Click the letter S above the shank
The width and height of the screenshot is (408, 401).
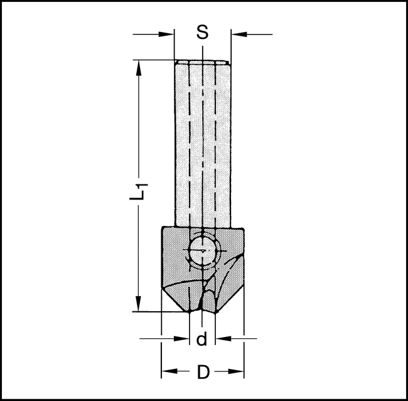(x=202, y=33)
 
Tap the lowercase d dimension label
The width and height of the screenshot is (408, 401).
(x=201, y=340)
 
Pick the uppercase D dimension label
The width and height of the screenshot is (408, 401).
(x=203, y=372)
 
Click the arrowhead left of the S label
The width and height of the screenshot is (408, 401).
(x=168, y=33)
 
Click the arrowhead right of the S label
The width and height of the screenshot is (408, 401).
(x=237, y=33)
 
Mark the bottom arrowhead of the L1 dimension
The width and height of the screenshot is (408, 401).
(x=136, y=306)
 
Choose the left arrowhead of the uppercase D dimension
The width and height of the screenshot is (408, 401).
(x=166, y=372)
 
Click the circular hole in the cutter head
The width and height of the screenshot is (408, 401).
(x=202, y=251)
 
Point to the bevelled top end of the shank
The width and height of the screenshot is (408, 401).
(x=202, y=62)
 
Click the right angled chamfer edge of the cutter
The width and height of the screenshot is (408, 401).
(x=230, y=295)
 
